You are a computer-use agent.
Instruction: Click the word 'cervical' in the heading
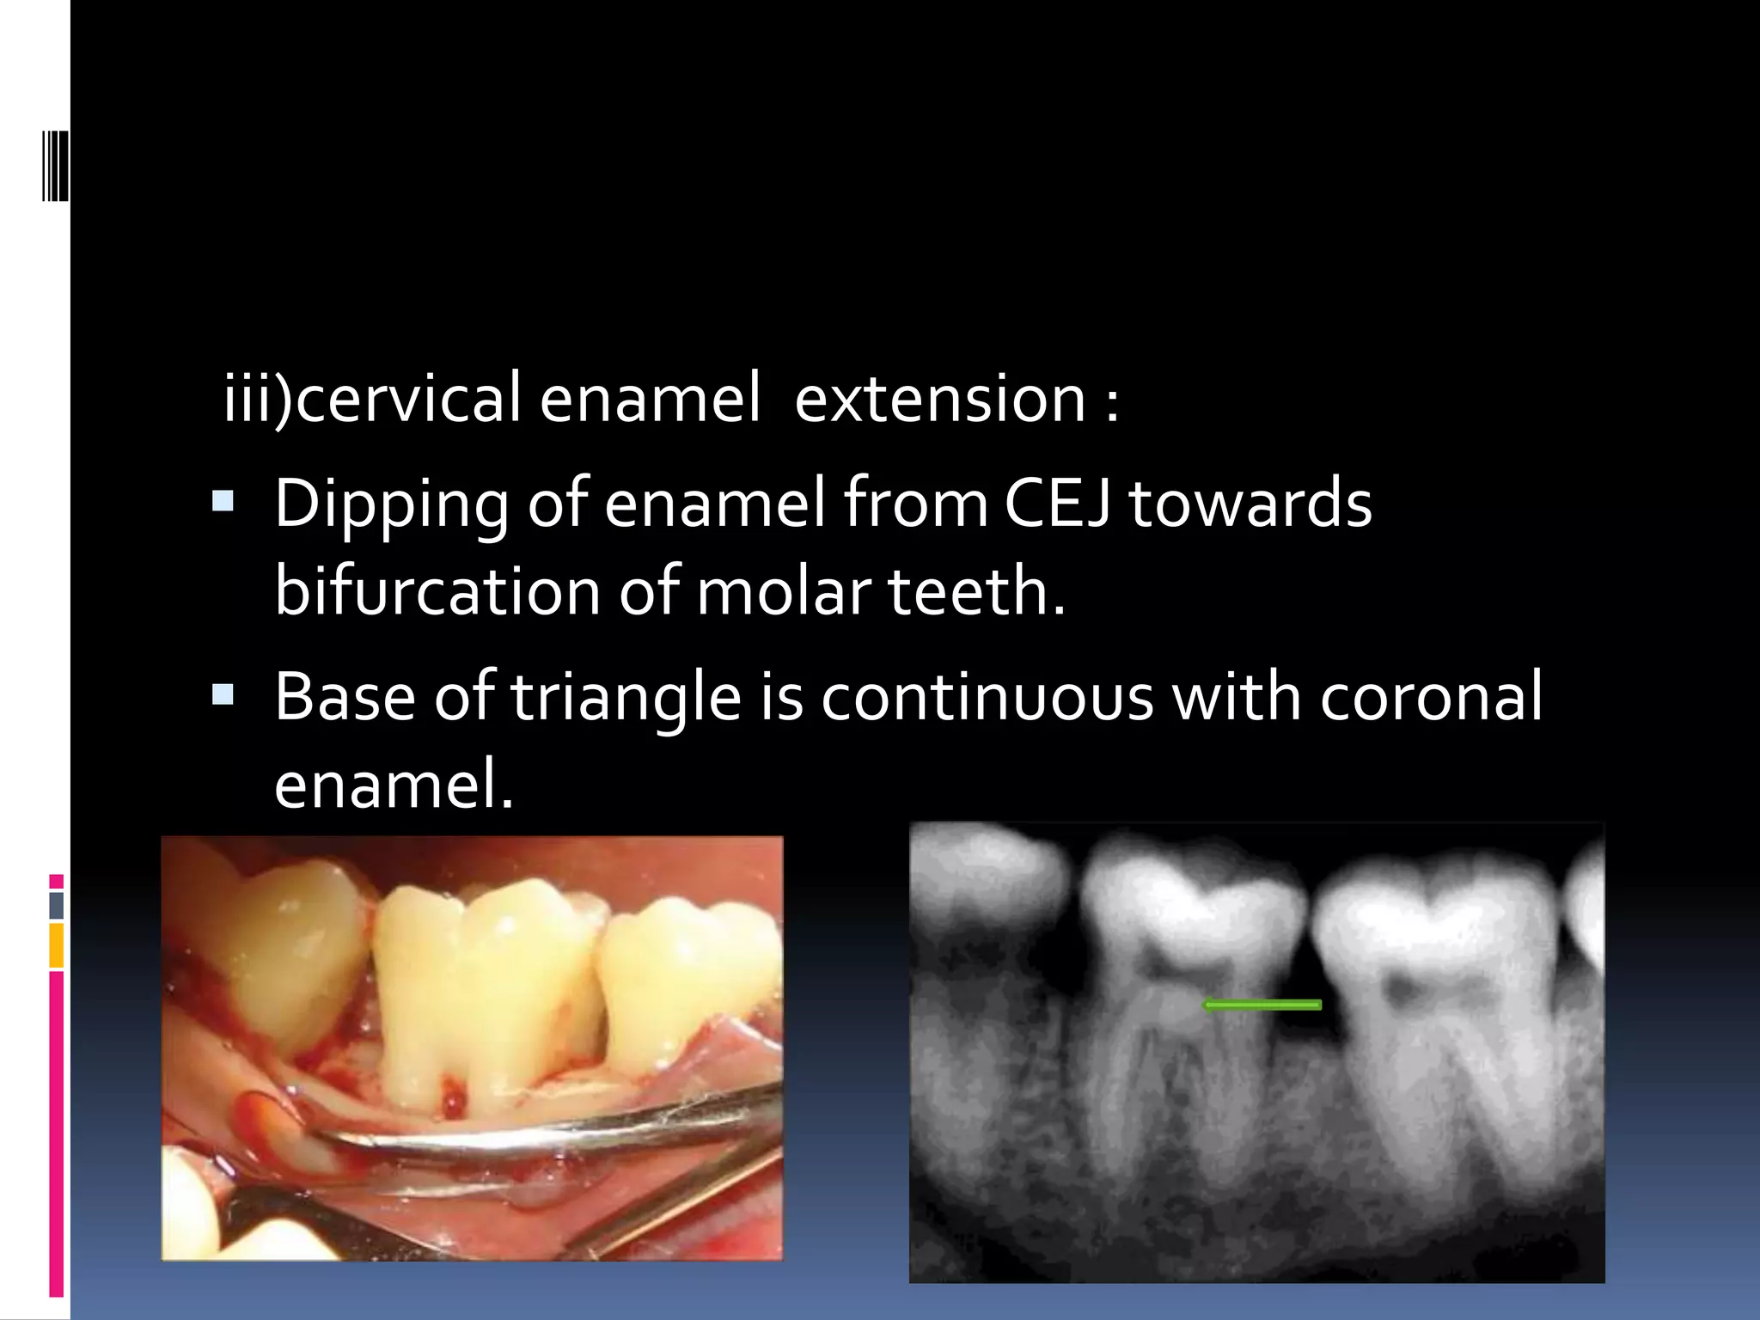click(x=408, y=399)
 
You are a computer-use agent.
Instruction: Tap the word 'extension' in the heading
click(x=940, y=399)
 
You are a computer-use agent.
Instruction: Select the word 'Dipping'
click(x=391, y=505)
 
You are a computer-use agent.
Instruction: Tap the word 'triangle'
click(x=626, y=698)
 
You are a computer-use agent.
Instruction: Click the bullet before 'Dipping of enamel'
click(x=223, y=500)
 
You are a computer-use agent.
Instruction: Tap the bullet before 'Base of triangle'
click(x=223, y=694)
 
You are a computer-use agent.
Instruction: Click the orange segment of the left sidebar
click(x=57, y=945)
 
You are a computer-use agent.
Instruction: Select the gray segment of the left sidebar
click(x=57, y=905)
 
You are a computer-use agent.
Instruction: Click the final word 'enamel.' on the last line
click(x=394, y=784)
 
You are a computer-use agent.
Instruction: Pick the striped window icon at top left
click(x=55, y=165)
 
